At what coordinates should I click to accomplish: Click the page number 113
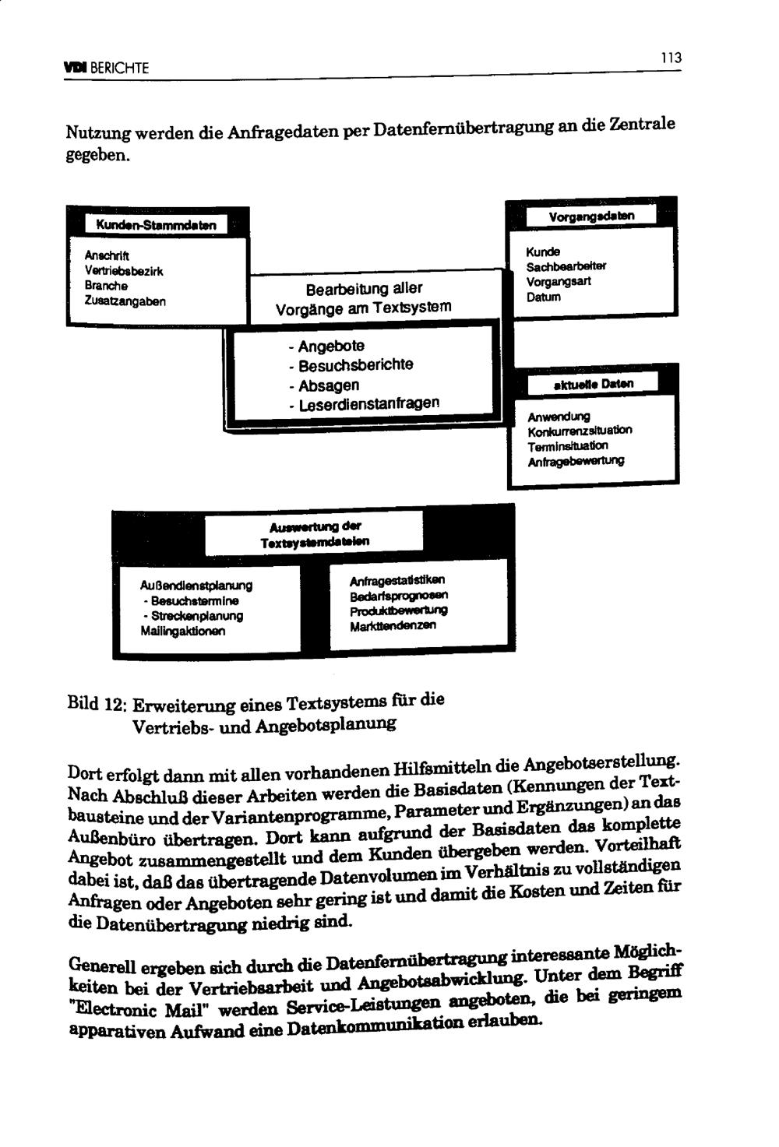point(671,58)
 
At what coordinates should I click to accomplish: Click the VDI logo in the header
point(76,68)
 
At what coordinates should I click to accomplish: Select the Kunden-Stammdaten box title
point(156,225)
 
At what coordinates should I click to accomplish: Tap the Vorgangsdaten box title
point(591,216)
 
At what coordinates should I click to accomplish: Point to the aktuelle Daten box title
point(593,384)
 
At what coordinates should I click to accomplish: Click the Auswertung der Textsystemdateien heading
point(315,533)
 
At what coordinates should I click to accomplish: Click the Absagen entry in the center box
point(328,385)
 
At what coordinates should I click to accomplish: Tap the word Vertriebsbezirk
point(124,271)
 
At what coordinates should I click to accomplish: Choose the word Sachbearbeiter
point(566,267)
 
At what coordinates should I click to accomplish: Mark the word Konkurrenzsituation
point(580,431)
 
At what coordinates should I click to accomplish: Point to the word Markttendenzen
point(393,626)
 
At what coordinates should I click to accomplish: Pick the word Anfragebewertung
point(576,462)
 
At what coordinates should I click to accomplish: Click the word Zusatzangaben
point(125,301)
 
